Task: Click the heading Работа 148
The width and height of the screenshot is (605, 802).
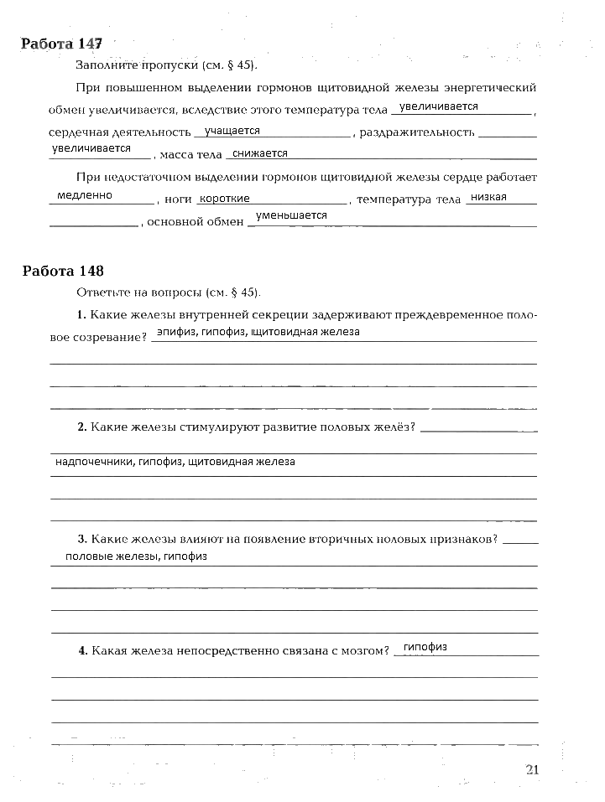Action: coord(63,271)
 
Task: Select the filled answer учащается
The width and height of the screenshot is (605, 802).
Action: coord(232,132)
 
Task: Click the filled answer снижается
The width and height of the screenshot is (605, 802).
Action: coord(260,153)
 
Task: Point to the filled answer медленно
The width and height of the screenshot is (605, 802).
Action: coord(85,196)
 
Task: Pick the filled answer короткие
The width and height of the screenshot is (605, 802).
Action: coord(225,199)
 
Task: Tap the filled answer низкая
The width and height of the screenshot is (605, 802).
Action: coord(489,197)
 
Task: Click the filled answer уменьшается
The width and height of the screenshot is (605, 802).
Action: coord(291,216)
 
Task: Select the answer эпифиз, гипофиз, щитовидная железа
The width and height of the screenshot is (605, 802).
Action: coord(258,333)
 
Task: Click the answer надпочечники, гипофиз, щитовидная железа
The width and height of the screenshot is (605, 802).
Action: coord(175,462)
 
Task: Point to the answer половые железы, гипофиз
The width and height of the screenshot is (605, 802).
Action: coord(136,556)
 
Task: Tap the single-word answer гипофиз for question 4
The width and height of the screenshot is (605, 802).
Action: coord(425,647)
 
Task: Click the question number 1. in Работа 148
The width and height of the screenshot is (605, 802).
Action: coord(81,315)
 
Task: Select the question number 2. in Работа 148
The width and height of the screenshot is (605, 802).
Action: coord(81,427)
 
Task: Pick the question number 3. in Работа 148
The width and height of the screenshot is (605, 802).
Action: coord(81,539)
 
